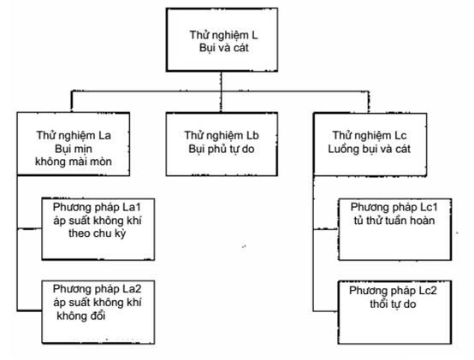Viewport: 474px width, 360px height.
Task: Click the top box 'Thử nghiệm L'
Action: (222, 40)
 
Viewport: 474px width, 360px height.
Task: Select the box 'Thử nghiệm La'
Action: (74, 144)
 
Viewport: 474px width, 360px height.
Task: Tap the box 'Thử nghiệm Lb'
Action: (222, 144)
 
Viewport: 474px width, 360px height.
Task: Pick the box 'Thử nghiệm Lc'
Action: (370, 145)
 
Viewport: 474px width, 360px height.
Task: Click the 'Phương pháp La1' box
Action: (98, 229)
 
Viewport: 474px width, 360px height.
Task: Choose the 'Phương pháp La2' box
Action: (98, 312)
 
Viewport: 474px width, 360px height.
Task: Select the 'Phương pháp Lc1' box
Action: (394, 229)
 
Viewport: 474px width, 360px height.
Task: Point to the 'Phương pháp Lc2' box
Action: (394, 312)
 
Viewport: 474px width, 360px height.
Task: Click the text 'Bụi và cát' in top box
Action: (224, 48)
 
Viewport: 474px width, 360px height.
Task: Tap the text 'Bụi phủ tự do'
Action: (222, 149)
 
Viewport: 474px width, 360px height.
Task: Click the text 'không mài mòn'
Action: (74, 162)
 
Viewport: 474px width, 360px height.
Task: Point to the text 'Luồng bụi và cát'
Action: (370, 149)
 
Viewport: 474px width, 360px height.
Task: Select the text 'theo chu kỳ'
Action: (97, 233)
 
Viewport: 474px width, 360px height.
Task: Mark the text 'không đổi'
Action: (81, 316)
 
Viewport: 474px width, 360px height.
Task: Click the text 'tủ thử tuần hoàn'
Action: (394, 221)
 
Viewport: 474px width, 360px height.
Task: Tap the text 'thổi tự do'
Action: (393, 304)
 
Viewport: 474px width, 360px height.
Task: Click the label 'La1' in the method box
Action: (132, 207)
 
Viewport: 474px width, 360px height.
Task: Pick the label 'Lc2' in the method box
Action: (428, 291)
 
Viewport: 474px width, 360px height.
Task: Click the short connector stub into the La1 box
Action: (29, 229)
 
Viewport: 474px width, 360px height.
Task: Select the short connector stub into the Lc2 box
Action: (326, 310)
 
